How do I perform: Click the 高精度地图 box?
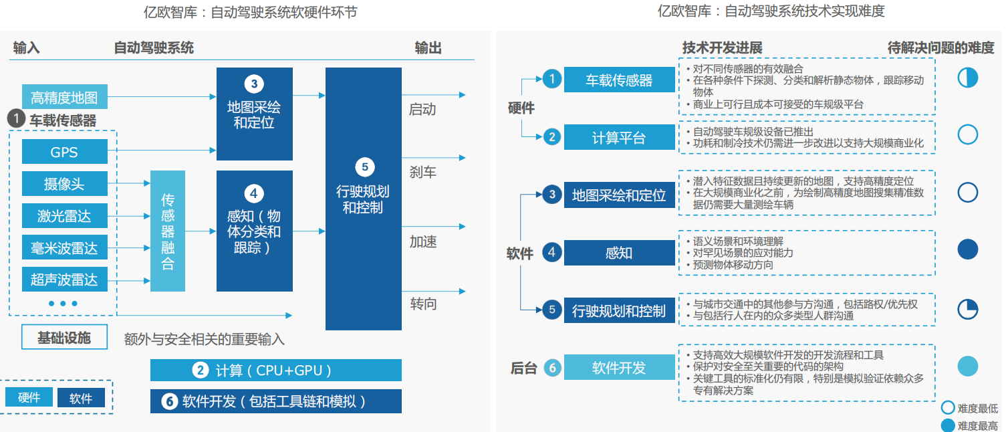click(x=64, y=97)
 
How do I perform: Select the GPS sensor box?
click(x=64, y=152)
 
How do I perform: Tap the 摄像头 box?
click(x=64, y=184)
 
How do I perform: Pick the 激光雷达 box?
click(x=64, y=215)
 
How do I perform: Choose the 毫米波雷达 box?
click(x=64, y=247)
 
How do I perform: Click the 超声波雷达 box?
click(x=64, y=279)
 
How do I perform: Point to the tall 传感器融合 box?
click(x=167, y=231)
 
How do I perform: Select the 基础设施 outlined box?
click(x=64, y=338)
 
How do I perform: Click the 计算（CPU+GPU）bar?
click(x=275, y=370)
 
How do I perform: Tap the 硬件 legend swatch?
click(x=29, y=398)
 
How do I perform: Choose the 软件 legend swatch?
click(x=81, y=398)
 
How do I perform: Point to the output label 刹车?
click(x=422, y=172)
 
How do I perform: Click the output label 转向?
click(x=423, y=304)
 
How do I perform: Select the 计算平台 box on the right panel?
click(x=619, y=137)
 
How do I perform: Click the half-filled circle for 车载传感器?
click(x=967, y=78)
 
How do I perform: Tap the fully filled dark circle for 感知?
click(x=967, y=249)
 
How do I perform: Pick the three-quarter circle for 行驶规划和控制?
click(x=967, y=309)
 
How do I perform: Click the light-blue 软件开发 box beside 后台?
click(x=619, y=367)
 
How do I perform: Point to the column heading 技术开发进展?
click(x=722, y=48)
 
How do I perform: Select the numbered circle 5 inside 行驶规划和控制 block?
click(x=364, y=167)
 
